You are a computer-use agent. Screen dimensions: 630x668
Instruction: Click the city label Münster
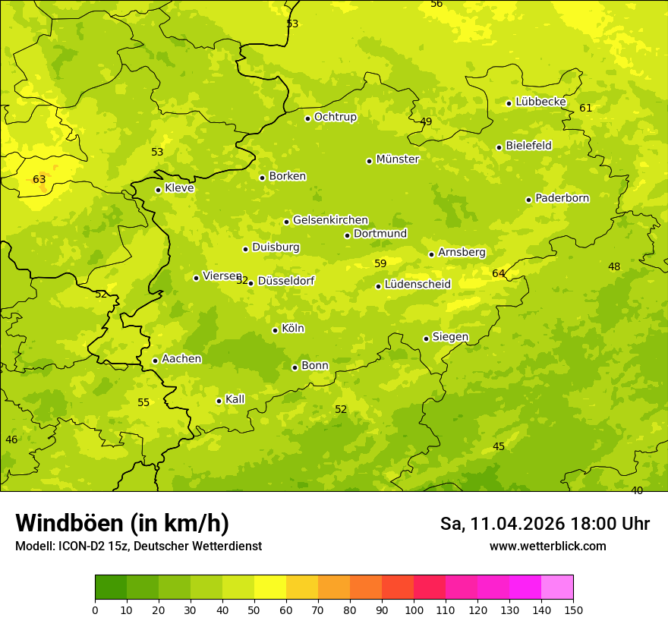pos(397,159)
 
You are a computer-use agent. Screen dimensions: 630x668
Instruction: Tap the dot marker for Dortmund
pos(347,235)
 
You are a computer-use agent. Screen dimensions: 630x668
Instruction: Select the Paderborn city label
pos(562,198)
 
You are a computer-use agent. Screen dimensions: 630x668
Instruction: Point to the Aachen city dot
pos(155,361)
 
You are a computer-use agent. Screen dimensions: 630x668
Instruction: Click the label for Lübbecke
pos(540,102)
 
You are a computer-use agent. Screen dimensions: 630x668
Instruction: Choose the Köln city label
pos(292,329)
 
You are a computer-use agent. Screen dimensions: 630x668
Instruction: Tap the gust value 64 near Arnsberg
pos(498,273)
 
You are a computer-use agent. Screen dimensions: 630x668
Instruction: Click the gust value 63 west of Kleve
pos(39,180)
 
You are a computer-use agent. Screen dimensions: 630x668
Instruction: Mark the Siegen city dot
pos(426,339)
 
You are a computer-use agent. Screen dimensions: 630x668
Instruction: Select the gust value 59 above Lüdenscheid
pos(380,263)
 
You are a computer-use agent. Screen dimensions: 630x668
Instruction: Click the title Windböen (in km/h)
pos(122,523)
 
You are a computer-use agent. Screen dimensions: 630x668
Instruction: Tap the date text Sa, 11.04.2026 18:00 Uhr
pos(544,524)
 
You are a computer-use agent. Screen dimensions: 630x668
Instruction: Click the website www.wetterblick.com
pos(547,546)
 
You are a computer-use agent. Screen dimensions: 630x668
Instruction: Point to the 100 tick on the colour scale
pos(414,610)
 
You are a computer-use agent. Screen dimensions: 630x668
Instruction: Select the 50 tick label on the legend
pos(254,610)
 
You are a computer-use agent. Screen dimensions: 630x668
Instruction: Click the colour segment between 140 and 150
pos(557,587)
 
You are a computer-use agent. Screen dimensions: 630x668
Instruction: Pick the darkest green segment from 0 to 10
pos(111,587)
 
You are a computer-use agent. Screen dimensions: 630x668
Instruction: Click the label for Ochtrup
pos(335,117)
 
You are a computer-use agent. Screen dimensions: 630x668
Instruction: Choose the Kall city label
pos(235,399)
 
